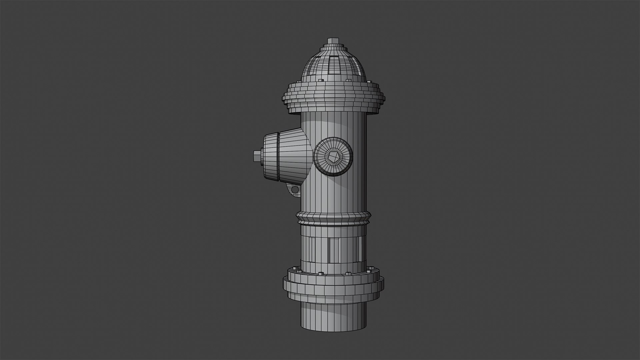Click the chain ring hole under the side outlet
(295, 190)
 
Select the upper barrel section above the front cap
(333, 125)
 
